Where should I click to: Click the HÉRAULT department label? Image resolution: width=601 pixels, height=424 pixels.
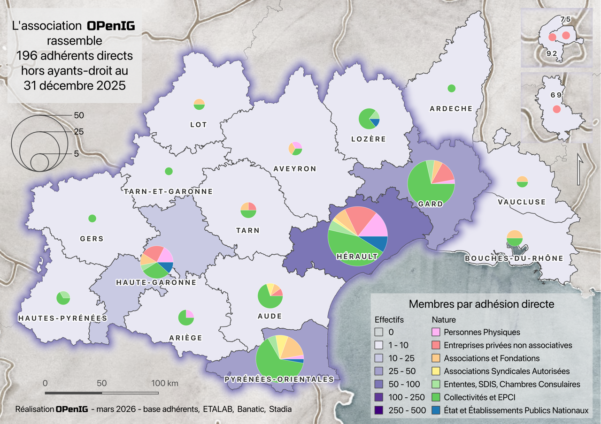357,257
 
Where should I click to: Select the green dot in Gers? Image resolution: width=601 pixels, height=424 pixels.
92,218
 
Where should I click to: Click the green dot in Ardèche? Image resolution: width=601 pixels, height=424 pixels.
451,88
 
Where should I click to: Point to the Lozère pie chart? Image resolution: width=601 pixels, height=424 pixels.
369,119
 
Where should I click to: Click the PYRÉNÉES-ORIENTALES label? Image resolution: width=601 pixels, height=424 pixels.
279,379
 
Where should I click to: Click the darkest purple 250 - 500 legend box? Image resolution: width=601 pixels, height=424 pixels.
380,410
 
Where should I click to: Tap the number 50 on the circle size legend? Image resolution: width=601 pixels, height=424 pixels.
79,115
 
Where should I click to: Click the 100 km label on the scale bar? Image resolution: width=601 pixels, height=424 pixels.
164,383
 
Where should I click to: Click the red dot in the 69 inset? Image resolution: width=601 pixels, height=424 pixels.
556,109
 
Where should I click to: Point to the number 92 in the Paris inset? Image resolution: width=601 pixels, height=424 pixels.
552,53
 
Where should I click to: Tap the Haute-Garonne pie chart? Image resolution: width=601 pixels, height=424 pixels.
157,262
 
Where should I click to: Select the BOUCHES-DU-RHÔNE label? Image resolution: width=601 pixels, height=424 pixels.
514,258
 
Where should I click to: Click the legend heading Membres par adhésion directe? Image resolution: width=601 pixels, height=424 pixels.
481,304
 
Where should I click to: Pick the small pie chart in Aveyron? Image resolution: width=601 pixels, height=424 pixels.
295,148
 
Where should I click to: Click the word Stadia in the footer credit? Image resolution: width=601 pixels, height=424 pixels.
280,409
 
